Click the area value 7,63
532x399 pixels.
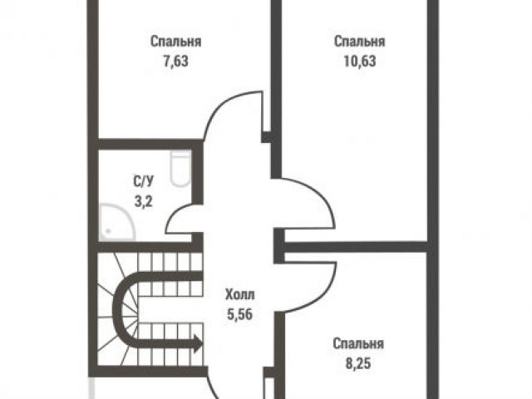point(175,62)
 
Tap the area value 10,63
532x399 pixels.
point(360,62)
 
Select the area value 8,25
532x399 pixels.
point(358,363)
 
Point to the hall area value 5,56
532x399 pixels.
point(240,314)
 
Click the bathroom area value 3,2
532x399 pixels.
point(143,202)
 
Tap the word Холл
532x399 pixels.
point(240,294)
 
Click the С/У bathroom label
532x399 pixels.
point(143,181)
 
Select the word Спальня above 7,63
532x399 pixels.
point(175,42)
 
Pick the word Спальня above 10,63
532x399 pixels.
point(360,42)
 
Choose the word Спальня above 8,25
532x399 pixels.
point(358,343)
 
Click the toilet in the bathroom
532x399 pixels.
point(181,168)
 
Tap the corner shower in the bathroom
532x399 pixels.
point(116,222)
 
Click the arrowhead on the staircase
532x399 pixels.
point(198,343)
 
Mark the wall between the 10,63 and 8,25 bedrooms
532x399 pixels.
point(355,247)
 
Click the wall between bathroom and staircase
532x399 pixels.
point(145,247)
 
